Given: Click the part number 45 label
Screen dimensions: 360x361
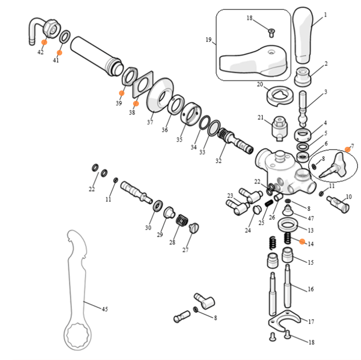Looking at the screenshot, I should tap(105, 310).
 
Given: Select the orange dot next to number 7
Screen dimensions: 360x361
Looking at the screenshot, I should tap(348, 149).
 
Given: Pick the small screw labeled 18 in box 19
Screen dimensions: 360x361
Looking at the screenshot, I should tap(272, 31).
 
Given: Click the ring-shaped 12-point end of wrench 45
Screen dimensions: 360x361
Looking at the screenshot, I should tap(79, 336).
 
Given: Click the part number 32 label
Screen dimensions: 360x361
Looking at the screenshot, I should tap(218, 160).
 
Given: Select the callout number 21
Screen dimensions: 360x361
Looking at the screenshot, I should tap(260, 118).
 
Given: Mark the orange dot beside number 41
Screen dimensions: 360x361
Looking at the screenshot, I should tap(59, 53).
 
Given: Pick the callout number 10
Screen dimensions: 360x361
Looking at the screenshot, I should tap(349, 196).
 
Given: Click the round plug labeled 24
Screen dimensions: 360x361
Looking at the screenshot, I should tap(257, 210).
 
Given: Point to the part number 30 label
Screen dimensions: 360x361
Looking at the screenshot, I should tap(148, 228).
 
